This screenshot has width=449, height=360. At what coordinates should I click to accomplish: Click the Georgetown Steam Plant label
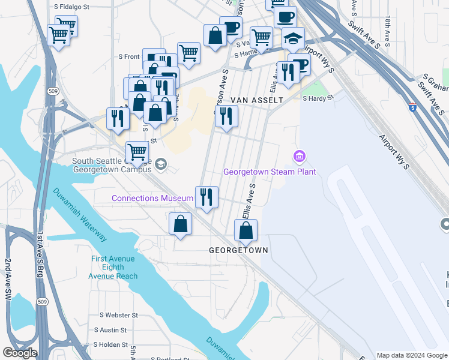point(270,172)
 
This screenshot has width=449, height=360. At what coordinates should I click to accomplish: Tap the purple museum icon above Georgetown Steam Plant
point(299,157)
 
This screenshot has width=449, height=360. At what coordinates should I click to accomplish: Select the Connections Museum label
point(152,198)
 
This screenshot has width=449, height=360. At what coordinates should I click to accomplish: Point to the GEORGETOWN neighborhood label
point(238,250)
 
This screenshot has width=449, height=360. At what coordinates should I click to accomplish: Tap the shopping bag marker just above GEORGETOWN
point(246,230)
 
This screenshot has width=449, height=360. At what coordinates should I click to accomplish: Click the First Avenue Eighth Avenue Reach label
point(113,268)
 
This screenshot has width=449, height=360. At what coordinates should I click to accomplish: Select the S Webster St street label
point(119,315)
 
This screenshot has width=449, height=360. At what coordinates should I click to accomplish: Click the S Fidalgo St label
point(71,7)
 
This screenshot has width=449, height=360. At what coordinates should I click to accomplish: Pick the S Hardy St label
point(318,98)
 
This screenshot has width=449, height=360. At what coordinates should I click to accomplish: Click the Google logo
point(19,353)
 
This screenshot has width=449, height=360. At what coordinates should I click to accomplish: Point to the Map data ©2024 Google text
point(412,355)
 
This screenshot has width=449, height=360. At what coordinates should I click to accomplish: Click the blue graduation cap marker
point(293,38)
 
